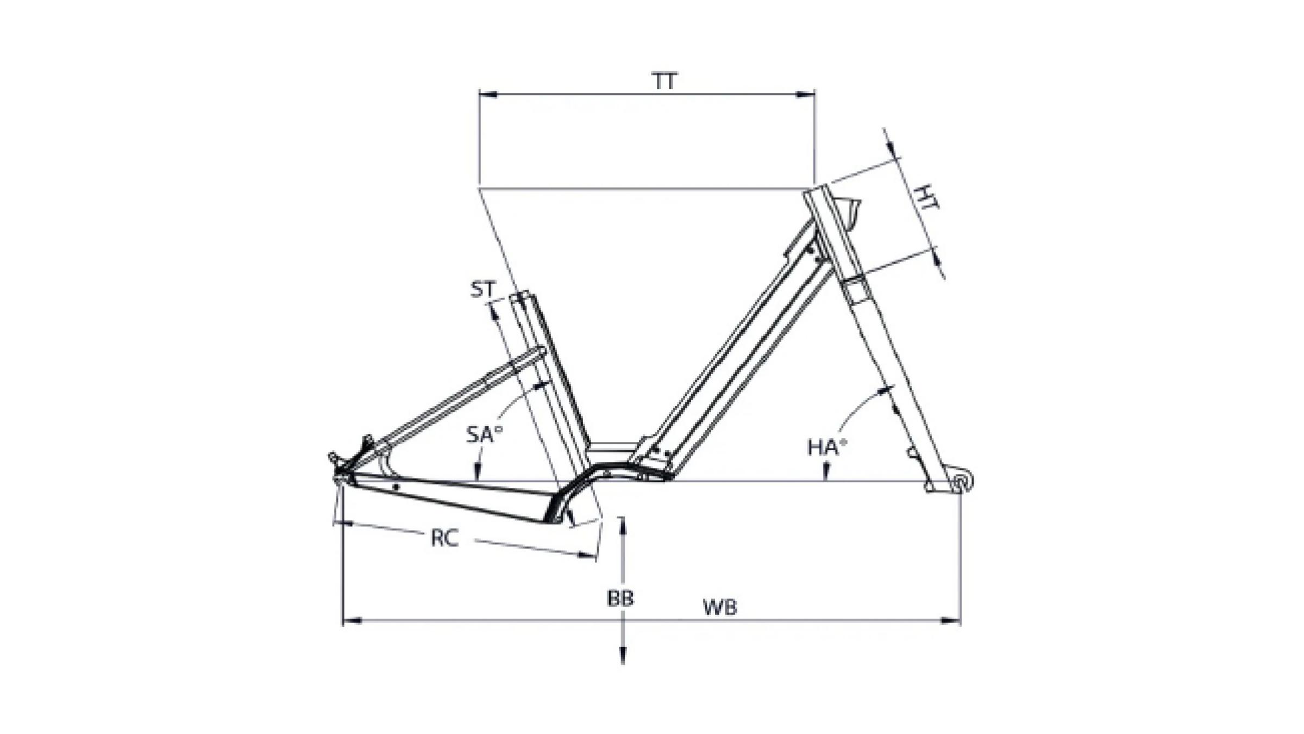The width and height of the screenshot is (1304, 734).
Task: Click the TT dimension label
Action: (x=664, y=82)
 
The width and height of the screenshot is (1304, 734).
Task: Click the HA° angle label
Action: (x=827, y=447)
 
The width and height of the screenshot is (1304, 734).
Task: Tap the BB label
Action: (x=620, y=599)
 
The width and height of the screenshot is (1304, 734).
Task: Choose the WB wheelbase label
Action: (x=720, y=607)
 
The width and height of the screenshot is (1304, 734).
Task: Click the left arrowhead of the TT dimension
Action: (x=488, y=95)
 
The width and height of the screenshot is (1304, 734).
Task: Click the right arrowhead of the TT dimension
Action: (x=806, y=95)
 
